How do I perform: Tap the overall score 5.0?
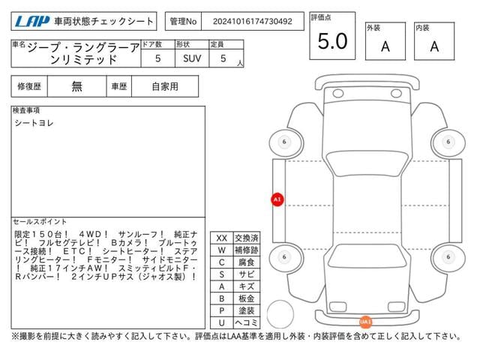(332, 43)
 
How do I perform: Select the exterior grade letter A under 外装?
(385, 46)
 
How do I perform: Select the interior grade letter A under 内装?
(434, 46)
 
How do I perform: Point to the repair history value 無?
(76, 87)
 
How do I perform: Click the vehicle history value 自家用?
(164, 87)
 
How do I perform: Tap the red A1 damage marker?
(277, 199)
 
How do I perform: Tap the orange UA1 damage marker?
(365, 322)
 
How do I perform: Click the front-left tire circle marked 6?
(283, 142)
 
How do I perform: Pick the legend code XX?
(221, 238)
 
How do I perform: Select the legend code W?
(221, 250)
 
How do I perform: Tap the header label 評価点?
(320, 16)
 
